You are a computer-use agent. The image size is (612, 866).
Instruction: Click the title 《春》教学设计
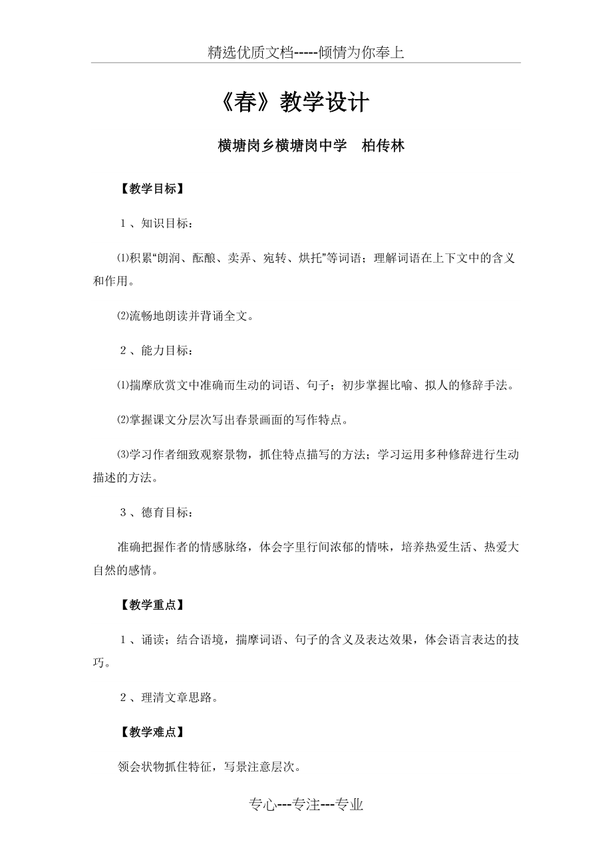pos(293,104)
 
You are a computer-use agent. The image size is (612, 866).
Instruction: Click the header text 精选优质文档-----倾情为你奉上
pos(305,53)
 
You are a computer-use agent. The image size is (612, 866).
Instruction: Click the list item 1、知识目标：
pos(157,224)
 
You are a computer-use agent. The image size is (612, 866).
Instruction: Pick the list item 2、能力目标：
pos(157,351)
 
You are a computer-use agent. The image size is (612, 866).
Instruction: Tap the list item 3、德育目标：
pos(157,512)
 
